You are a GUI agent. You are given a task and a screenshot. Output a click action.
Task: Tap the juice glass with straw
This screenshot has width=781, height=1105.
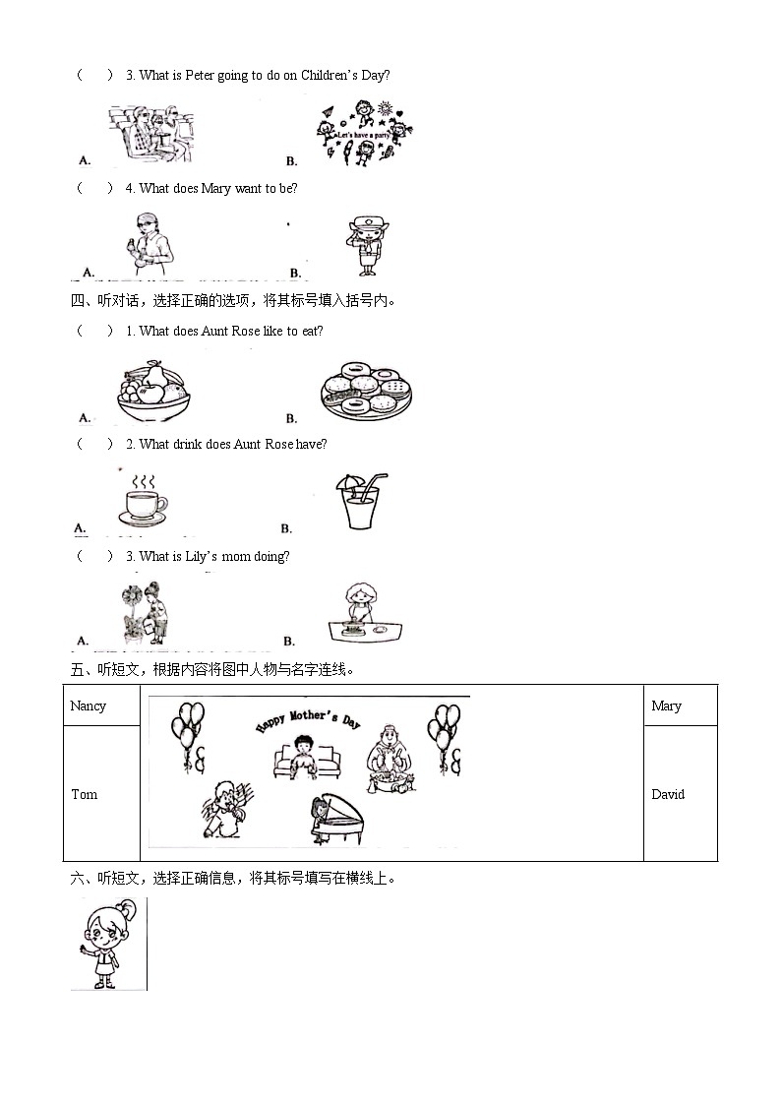(360, 503)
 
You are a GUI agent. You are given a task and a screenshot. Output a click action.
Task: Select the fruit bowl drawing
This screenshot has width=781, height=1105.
(153, 392)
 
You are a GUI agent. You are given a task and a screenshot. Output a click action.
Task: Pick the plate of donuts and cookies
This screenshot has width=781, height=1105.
(366, 391)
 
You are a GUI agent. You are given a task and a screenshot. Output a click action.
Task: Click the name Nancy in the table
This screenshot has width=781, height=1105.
(89, 706)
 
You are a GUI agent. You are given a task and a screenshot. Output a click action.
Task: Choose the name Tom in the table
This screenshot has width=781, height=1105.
(85, 794)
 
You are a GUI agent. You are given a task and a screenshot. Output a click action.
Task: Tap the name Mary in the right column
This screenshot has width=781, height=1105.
(666, 706)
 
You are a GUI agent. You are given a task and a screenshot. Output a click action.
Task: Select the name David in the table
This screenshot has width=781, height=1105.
(668, 794)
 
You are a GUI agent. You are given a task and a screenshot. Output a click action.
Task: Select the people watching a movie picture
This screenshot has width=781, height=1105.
(150, 135)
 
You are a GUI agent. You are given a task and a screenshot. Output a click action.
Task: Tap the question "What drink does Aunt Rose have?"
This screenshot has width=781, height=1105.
(233, 444)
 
